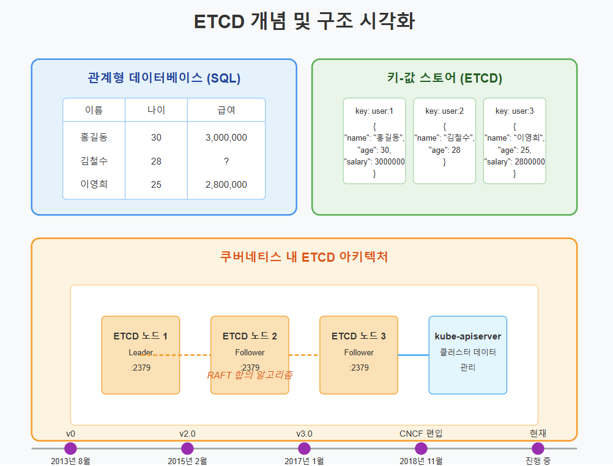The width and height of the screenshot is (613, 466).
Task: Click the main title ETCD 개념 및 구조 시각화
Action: click(304, 22)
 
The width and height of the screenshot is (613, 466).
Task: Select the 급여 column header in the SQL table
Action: click(226, 110)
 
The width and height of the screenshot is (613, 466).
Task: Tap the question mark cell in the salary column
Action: click(226, 161)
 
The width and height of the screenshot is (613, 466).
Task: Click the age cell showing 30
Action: click(156, 138)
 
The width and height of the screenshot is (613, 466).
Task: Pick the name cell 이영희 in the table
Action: click(94, 184)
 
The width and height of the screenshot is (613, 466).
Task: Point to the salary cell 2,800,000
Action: click(226, 184)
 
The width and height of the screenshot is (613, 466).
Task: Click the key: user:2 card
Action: click(444, 141)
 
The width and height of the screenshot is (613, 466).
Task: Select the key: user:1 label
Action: click(374, 111)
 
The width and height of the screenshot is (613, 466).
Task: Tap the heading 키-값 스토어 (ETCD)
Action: click(444, 78)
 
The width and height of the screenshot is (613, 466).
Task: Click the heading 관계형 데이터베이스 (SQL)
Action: click(164, 78)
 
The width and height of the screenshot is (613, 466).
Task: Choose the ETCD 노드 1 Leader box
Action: click(140, 355)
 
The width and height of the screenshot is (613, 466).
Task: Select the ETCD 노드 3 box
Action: click(359, 355)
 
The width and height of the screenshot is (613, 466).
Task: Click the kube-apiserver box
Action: click(467, 355)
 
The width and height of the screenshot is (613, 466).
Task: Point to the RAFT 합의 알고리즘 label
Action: click(249, 375)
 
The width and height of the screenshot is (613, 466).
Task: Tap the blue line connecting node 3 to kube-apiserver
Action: click(413, 355)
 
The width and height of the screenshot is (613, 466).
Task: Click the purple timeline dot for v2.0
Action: click(187, 448)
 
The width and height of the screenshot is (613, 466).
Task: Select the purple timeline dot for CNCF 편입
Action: click(421, 448)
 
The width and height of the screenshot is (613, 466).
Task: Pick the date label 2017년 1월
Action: click(304, 460)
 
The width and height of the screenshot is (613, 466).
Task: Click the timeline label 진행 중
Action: click(538, 460)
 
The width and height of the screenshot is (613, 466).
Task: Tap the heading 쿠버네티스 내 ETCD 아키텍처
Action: click(304, 257)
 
